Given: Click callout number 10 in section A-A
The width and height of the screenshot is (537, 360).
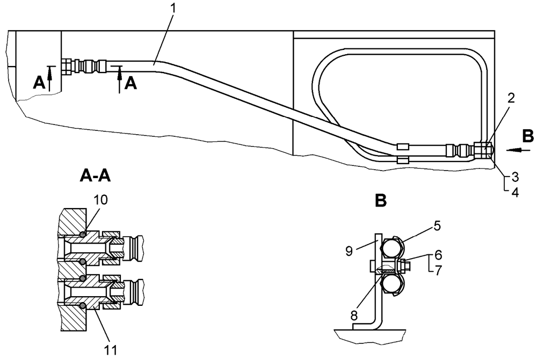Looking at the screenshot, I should pos(100,200).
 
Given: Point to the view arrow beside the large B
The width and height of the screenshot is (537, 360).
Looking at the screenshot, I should pos(515,150).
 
